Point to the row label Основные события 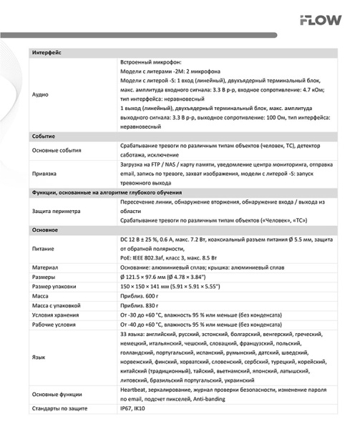[x=57, y=151]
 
